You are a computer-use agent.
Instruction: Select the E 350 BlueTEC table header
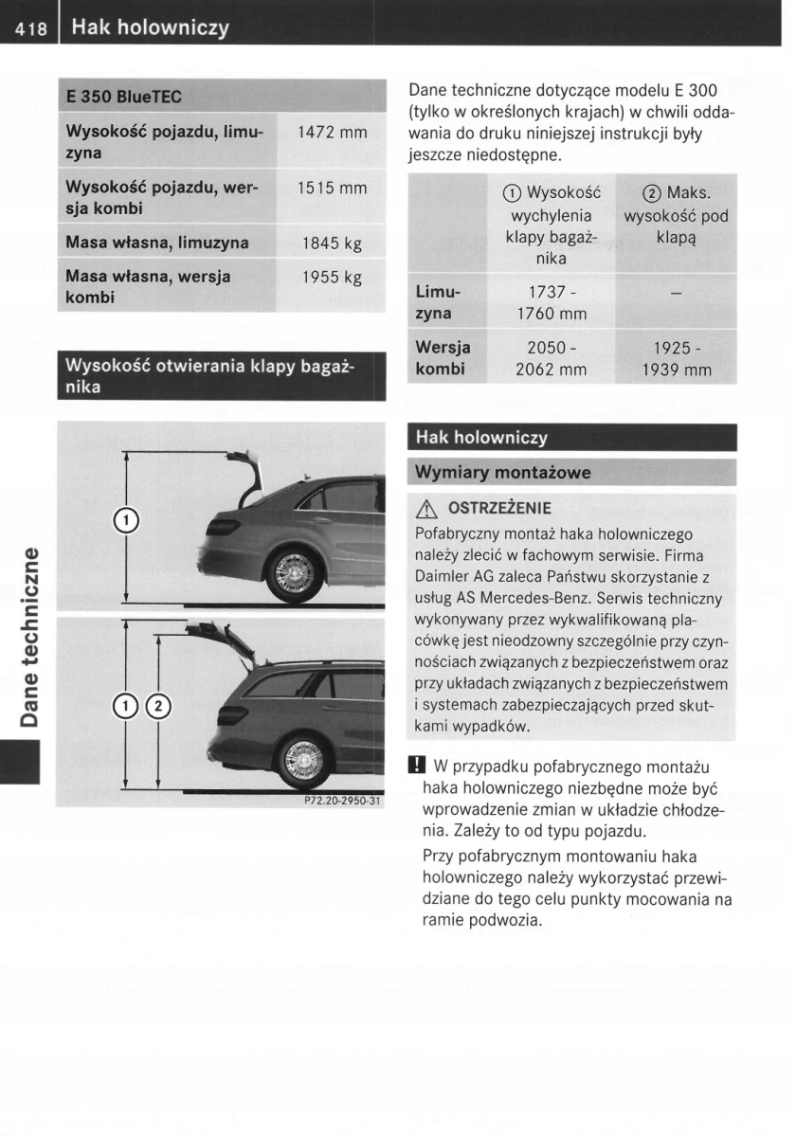123,97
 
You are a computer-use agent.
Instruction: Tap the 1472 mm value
332,133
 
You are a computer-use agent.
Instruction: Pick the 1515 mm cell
332,188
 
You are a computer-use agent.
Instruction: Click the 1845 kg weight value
332,244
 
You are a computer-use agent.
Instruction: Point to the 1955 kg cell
332,279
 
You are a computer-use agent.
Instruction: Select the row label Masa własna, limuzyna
157,243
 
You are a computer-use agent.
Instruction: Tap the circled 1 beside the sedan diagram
124,519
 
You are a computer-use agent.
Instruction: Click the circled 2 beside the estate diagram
158,703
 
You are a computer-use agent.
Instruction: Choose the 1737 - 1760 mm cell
550,303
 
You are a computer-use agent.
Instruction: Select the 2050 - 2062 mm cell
550,359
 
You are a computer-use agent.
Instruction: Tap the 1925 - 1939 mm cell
676,359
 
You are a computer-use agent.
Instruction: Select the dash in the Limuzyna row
676,295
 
